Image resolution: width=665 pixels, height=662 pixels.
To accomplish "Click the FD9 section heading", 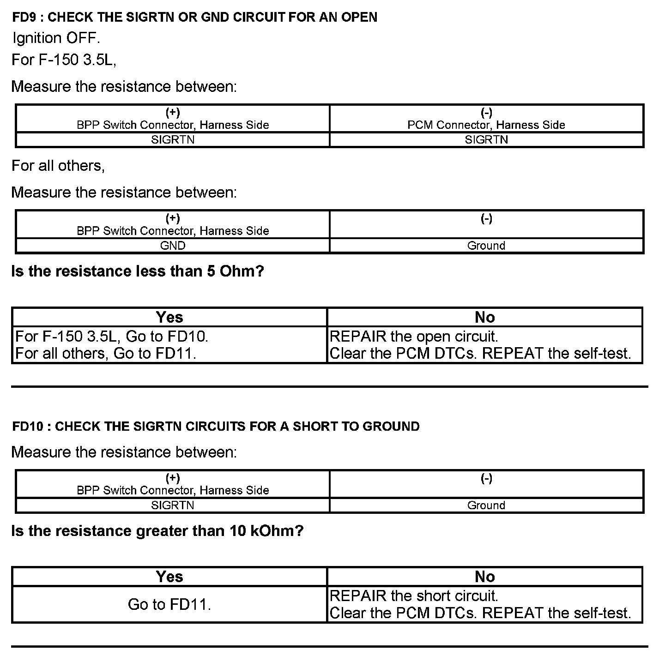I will pos(194,17).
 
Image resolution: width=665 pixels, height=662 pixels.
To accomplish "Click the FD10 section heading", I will pos(216,426).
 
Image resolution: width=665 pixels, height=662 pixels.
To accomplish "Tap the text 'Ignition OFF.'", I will pos(56,38).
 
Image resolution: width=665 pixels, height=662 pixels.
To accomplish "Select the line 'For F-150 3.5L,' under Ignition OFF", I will pos(64,60).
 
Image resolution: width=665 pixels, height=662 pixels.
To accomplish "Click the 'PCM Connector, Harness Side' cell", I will pos(486,125).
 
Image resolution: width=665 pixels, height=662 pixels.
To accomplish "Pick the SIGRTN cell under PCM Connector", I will pos(486,140).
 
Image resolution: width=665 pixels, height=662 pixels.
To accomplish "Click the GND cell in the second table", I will pos(173,246).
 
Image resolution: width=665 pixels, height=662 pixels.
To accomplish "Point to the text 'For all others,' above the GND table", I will pos(58,166).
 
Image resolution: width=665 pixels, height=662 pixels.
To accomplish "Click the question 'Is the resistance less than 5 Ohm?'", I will pos(137,271).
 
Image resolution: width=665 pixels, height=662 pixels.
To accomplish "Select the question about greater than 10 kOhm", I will pos(157,531).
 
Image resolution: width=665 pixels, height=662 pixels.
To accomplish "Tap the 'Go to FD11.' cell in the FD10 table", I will pos(169,604).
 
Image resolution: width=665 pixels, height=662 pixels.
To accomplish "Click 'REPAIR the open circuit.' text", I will pos(414,337).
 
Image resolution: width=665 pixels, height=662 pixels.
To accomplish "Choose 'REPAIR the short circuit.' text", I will pos(414,596).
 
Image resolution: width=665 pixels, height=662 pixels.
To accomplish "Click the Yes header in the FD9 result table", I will pos(169,317).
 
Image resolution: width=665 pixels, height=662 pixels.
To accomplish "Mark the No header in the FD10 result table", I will pos(484,577).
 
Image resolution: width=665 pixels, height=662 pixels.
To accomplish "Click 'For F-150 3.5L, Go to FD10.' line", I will pos(112,337).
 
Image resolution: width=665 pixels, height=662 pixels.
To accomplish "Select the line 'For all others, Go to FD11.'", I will pos(106,354).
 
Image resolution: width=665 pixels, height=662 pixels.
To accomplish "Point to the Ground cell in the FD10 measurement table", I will pos(486,505).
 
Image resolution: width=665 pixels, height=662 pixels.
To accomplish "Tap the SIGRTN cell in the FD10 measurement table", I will pos(173,505).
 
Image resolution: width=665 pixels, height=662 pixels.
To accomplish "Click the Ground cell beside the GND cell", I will pos(486,246).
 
